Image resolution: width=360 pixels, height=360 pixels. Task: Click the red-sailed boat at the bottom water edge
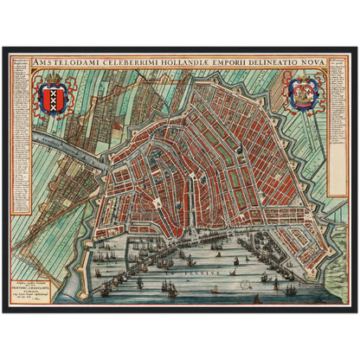click(x=256, y=299)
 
